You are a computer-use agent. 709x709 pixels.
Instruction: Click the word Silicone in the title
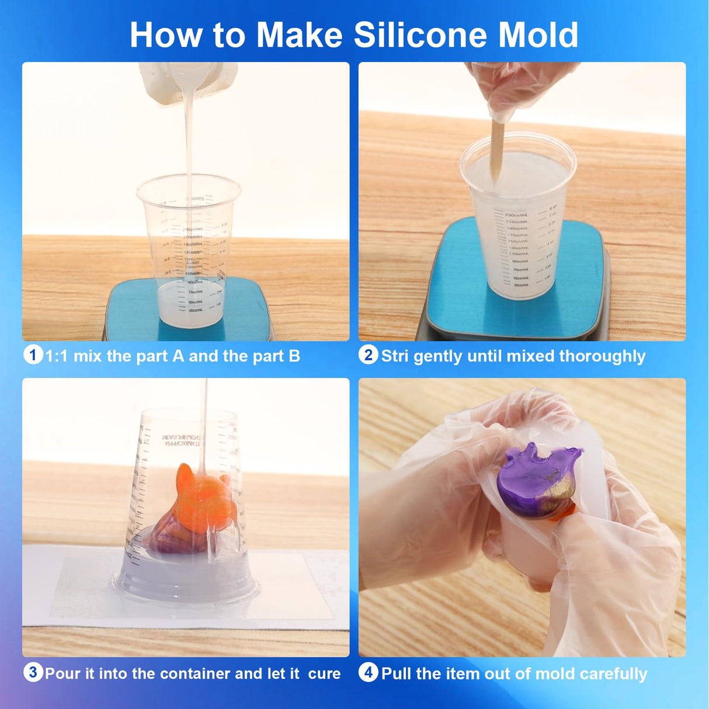click(420, 35)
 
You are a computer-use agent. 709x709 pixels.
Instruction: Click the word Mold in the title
click(538, 35)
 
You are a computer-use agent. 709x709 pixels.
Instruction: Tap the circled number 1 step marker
click(33, 354)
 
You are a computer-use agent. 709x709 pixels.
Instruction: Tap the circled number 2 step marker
click(368, 354)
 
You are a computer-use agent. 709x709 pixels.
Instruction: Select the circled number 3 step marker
click(33, 672)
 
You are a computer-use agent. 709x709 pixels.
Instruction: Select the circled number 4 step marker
click(368, 672)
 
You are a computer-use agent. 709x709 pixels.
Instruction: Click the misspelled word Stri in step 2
click(395, 356)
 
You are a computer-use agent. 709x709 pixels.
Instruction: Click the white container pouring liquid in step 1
click(187, 82)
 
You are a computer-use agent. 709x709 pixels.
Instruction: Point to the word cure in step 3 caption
click(324, 674)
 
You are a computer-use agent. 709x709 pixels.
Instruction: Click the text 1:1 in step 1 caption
click(57, 356)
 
